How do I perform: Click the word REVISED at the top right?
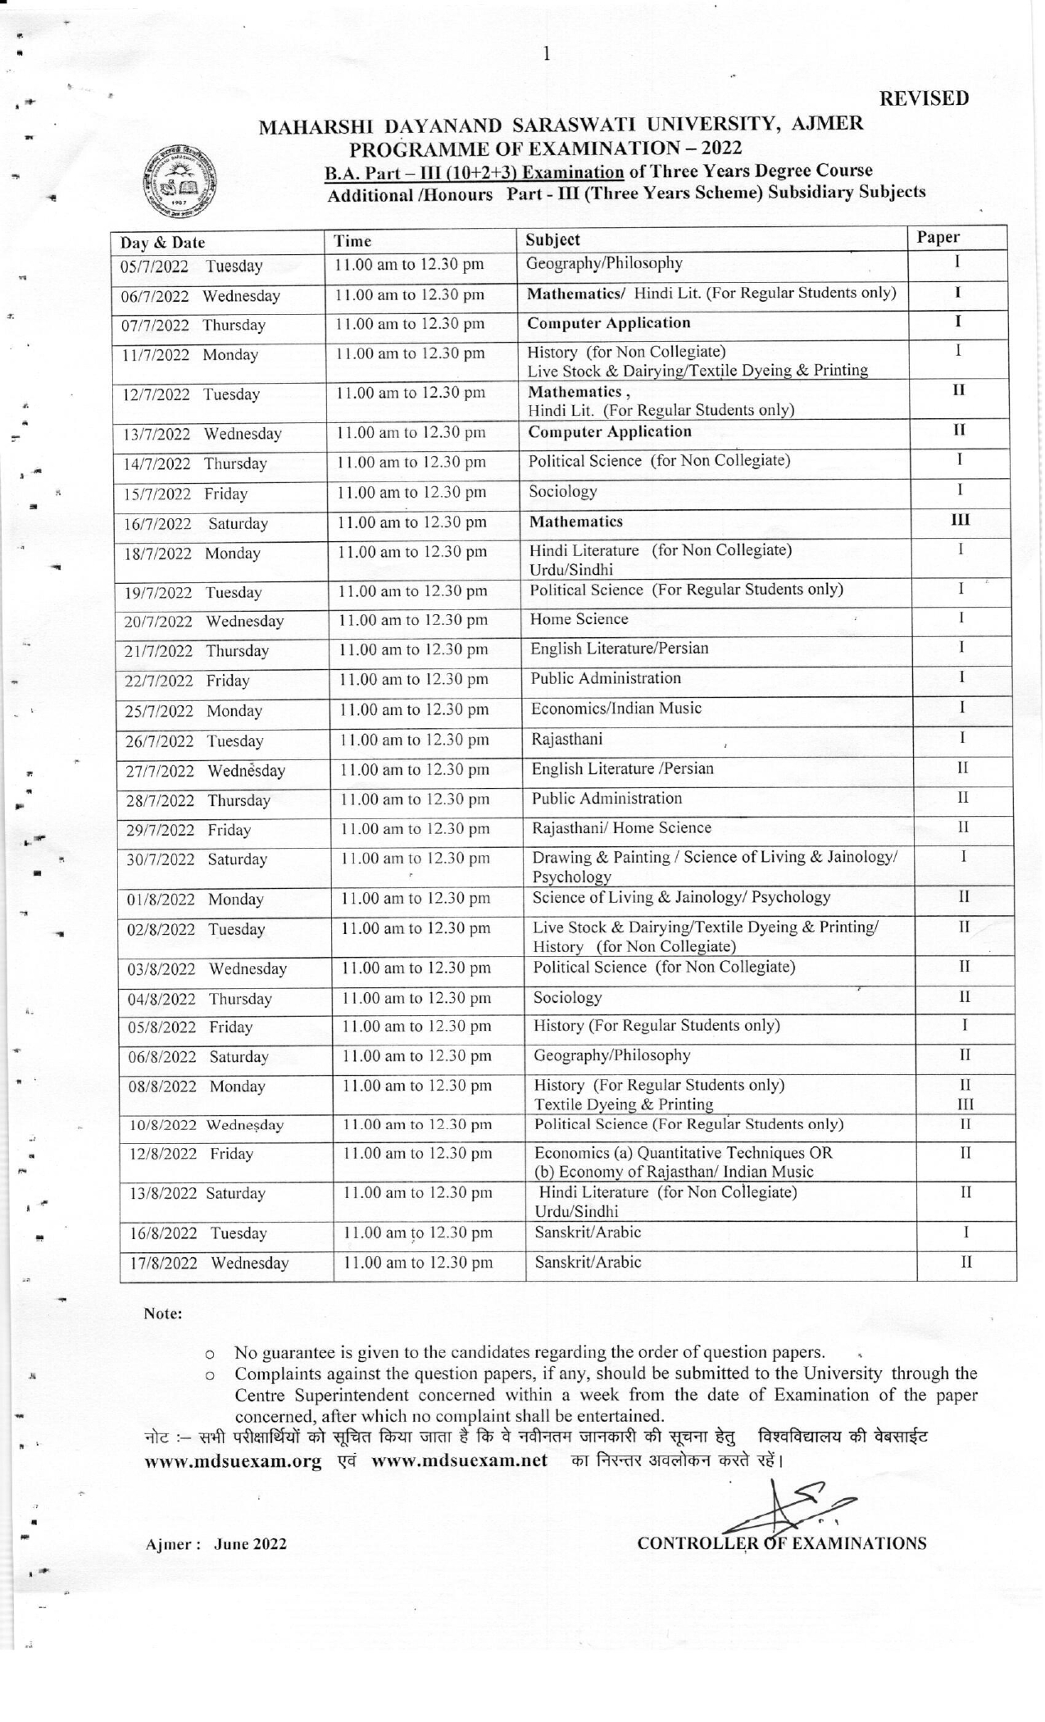point(925,98)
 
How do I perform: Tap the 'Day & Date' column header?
point(163,243)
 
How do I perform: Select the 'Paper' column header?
point(938,238)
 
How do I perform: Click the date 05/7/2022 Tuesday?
point(192,266)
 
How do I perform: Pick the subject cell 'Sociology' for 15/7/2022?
point(563,492)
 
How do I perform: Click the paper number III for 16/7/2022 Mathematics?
point(961,520)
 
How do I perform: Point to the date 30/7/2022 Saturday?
point(197,860)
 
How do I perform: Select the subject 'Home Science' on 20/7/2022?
point(579,620)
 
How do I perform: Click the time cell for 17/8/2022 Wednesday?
point(418,1264)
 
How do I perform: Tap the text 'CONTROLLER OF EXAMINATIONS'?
point(782,1544)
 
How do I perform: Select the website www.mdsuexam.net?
point(459,1460)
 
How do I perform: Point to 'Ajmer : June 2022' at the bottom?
point(216,1545)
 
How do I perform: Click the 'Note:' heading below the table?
point(163,1314)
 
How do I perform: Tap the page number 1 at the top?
point(546,55)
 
